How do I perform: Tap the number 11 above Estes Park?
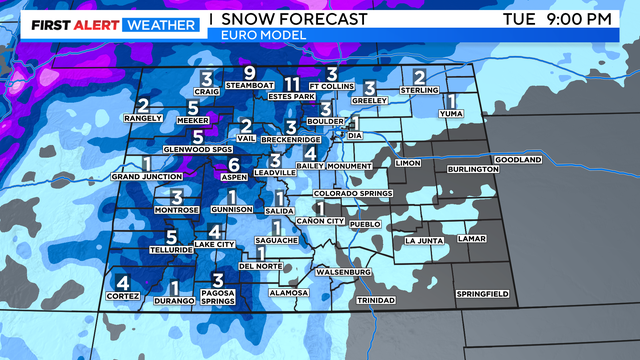click(292, 83)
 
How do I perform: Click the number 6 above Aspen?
click(233, 164)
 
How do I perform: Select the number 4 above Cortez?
click(122, 282)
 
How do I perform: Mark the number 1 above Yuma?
click(451, 101)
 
